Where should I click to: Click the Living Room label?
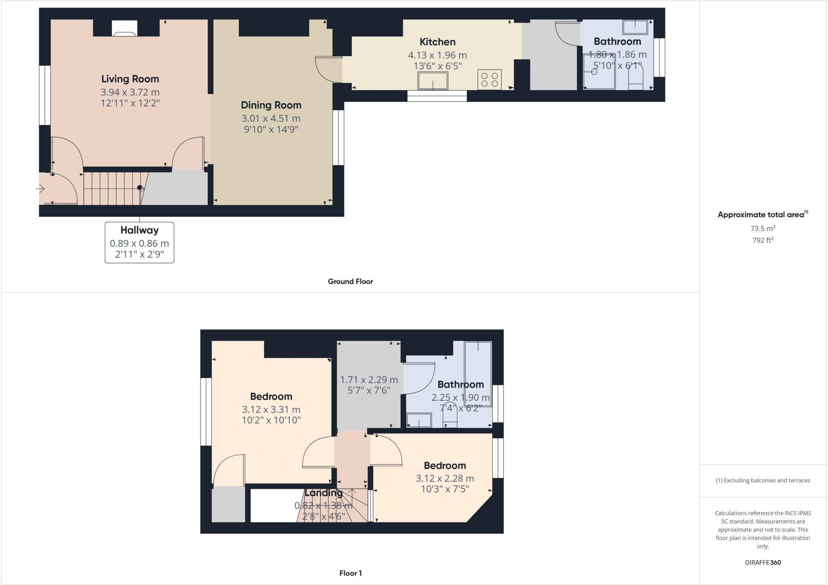[x=130, y=79]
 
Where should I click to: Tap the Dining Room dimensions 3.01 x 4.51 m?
[x=271, y=119]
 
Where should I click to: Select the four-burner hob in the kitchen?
[x=489, y=80]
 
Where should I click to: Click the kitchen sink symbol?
[x=433, y=81]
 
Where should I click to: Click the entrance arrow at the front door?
[x=40, y=189]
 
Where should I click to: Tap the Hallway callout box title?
[x=139, y=230]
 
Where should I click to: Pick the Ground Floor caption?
[x=350, y=282]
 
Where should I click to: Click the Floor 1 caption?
[x=350, y=573]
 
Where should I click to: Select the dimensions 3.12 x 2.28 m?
[x=445, y=479]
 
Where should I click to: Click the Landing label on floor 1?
[x=323, y=493]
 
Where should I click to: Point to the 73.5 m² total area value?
[x=763, y=229]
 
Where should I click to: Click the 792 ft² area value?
[x=763, y=240]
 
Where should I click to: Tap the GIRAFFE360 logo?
[x=763, y=562]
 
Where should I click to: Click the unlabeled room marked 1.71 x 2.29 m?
[x=369, y=385]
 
